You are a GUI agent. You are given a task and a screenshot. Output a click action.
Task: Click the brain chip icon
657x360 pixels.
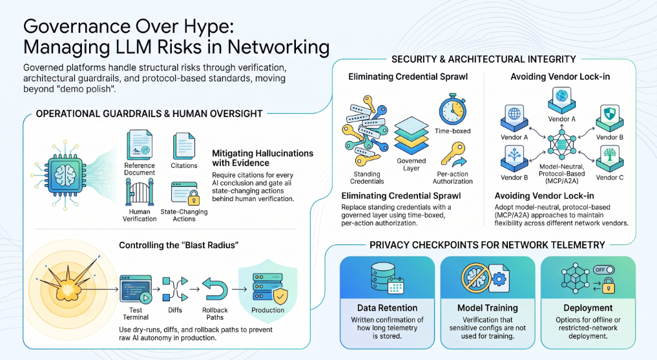(x=65, y=175)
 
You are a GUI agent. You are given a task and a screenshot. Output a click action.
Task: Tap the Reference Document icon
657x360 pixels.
(x=139, y=145)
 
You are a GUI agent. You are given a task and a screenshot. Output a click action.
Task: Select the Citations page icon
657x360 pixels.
(x=184, y=146)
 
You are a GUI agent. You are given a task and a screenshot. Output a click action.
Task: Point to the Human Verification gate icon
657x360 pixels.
(x=140, y=192)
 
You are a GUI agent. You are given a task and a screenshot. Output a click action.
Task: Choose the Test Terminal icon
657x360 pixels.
(x=136, y=289)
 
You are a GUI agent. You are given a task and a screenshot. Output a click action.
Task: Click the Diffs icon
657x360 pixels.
(x=174, y=289)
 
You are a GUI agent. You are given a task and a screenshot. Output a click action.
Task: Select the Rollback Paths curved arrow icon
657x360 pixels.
(x=214, y=289)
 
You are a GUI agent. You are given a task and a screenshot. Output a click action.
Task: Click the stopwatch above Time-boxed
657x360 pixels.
(x=452, y=109)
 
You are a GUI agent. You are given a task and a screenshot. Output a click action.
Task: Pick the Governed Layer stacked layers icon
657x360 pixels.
(x=412, y=136)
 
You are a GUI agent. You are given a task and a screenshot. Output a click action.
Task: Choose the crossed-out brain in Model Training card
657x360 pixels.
(x=476, y=278)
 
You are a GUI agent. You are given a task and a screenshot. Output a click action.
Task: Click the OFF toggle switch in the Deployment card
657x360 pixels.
(x=603, y=270)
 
